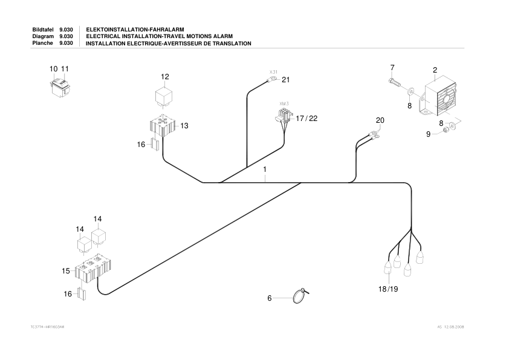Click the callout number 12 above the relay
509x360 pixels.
165,77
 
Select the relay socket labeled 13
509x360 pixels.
163,125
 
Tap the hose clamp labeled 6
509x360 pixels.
299,296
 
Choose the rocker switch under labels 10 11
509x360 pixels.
60,87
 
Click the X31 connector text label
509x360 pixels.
273,71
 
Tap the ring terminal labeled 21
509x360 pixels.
273,79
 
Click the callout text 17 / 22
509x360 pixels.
306,118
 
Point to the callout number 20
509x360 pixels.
380,120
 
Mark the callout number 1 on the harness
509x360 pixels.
265,171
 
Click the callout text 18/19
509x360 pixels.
389,289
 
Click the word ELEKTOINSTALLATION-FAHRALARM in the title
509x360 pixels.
135,29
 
